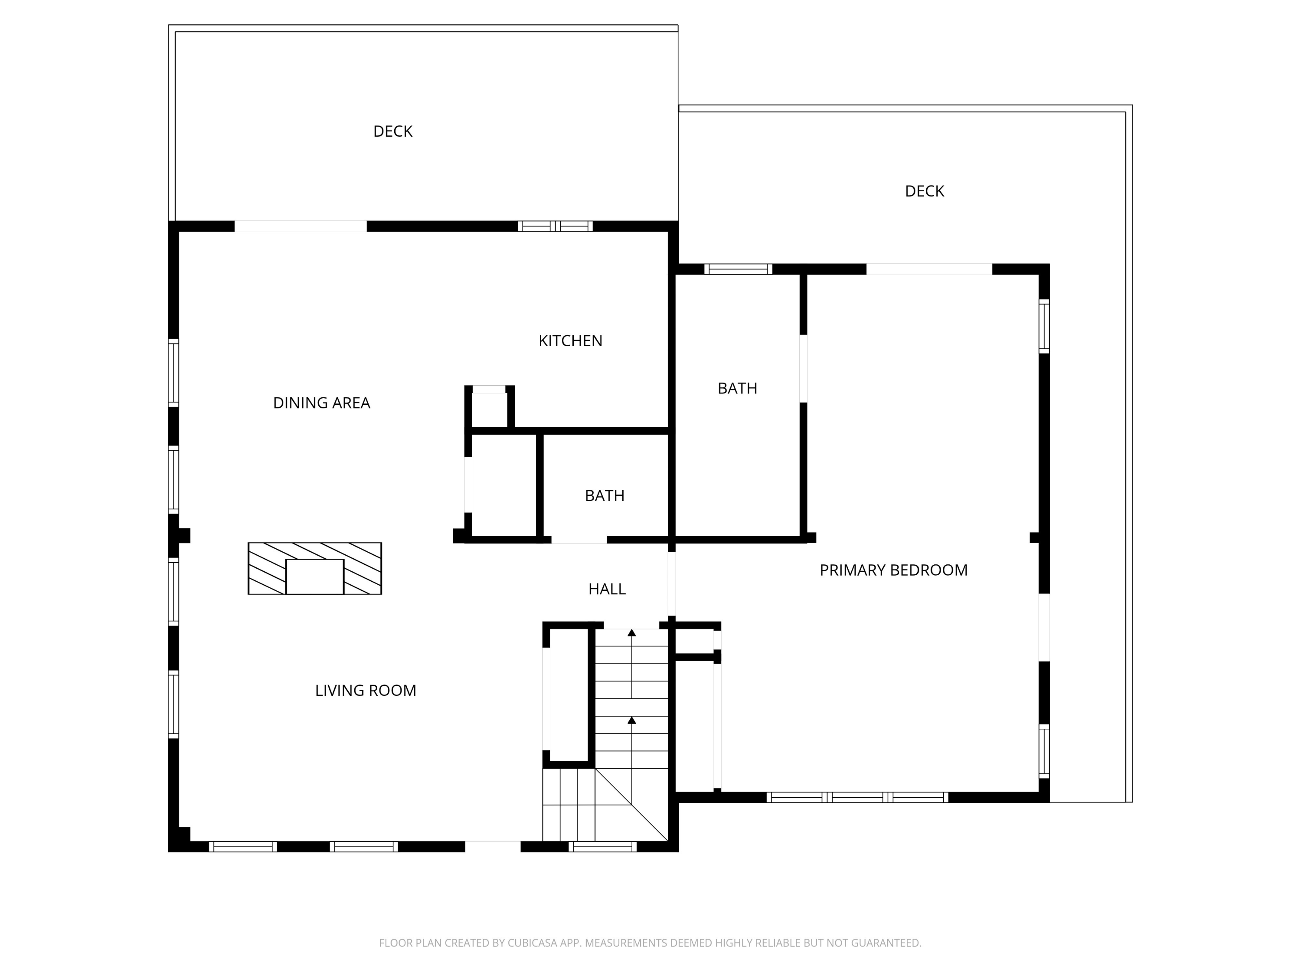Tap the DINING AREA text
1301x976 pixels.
tap(321, 403)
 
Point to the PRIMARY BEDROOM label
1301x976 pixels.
tap(893, 570)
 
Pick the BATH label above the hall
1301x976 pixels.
tap(604, 496)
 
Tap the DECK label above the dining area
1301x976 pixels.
tap(392, 131)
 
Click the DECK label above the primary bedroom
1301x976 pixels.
tap(924, 191)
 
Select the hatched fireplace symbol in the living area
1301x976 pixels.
tap(315, 568)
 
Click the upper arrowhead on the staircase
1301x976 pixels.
tap(632, 633)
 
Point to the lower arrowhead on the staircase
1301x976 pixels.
tap(632, 720)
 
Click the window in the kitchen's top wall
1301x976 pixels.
tap(555, 226)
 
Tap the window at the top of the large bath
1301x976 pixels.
tap(738, 269)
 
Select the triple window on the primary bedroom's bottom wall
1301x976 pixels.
tap(857, 797)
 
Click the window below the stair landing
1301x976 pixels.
tap(602, 847)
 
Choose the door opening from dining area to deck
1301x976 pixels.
tap(301, 226)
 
